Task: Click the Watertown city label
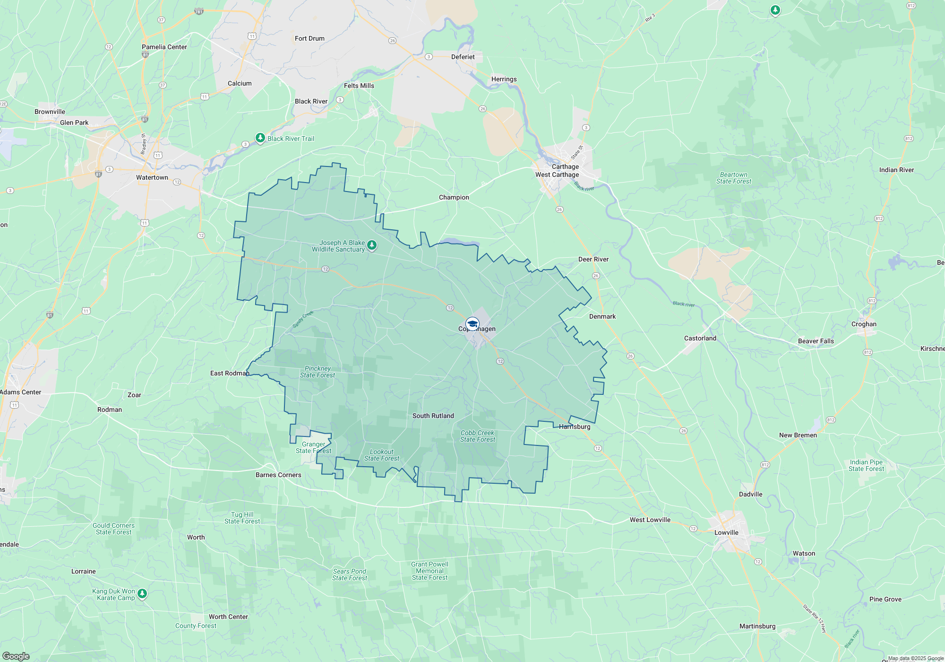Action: click(152, 177)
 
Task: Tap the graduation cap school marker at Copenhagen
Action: click(472, 324)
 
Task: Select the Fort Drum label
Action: click(309, 38)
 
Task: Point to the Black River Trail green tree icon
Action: click(260, 138)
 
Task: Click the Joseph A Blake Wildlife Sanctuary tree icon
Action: click(372, 245)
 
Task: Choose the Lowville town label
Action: click(726, 532)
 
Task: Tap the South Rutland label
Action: click(433, 416)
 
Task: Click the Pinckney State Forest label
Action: click(318, 372)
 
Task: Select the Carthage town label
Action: click(565, 166)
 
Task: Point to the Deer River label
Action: click(593, 259)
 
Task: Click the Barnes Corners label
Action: click(278, 475)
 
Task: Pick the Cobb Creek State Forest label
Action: click(477, 436)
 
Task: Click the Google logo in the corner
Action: click(16, 656)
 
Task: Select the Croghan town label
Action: click(864, 324)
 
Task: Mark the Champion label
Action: click(454, 197)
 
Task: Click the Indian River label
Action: click(896, 170)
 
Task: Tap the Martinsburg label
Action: click(757, 626)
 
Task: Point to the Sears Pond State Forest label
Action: click(349, 575)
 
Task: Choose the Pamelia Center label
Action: click(164, 47)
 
